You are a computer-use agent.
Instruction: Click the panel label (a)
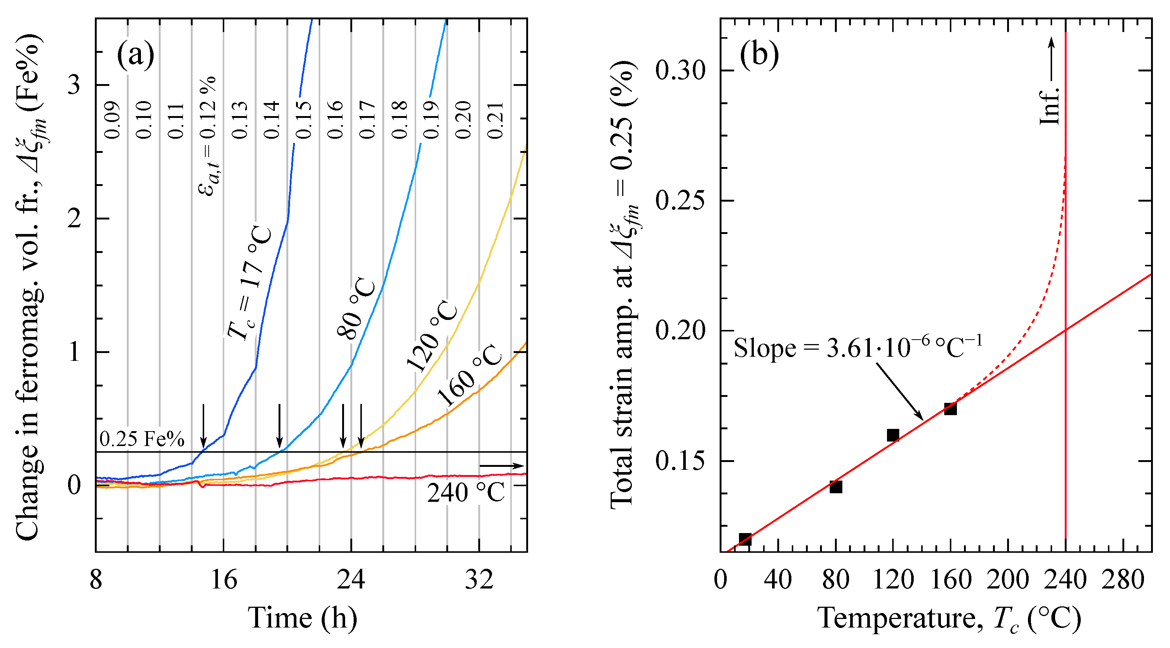click(135, 55)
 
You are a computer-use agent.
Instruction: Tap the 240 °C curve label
click(466, 493)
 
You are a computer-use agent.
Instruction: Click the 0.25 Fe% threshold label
click(142, 439)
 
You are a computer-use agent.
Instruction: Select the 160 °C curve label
click(470, 375)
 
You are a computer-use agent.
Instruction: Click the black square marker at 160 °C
click(950, 408)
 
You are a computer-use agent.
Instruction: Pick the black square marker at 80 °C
click(836, 487)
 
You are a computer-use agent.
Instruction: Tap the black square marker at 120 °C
click(893, 435)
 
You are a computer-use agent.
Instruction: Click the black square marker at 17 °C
click(745, 539)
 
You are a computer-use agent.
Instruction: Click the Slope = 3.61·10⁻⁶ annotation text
click(858, 349)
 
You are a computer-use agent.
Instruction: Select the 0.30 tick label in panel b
click(680, 71)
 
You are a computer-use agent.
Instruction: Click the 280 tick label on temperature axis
click(1122, 580)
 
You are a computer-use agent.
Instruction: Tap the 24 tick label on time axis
click(351, 580)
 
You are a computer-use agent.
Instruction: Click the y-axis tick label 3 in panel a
click(74, 84)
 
